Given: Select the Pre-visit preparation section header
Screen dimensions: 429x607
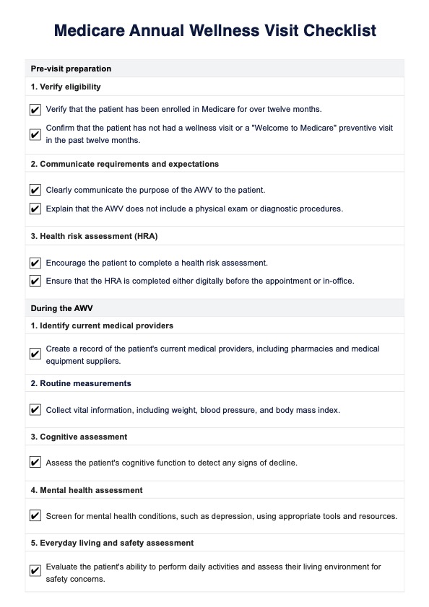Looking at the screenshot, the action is (71, 69).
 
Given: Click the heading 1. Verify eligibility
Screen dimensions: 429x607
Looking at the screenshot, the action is (66, 87).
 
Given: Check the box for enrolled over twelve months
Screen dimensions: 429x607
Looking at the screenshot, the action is (35, 110).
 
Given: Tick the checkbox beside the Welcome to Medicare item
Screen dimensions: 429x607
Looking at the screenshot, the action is (35, 134).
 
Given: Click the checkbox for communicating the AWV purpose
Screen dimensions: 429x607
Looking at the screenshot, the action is (35, 191).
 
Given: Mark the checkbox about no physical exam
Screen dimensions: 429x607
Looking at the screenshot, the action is (35, 209).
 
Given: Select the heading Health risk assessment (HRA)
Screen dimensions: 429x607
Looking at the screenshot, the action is (94, 236).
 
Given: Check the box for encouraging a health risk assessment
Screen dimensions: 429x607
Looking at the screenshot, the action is (35, 263).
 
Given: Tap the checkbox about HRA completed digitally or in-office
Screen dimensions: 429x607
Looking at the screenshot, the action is (35, 281).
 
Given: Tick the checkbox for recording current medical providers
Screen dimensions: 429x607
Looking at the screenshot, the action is (35, 354).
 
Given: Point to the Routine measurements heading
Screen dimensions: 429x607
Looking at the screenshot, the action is (80, 383).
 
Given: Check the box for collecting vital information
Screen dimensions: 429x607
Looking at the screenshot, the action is (35, 410).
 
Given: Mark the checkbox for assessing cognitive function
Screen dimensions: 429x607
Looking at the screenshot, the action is (35, 463).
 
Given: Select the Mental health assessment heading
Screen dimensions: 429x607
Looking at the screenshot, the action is (90, 490).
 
